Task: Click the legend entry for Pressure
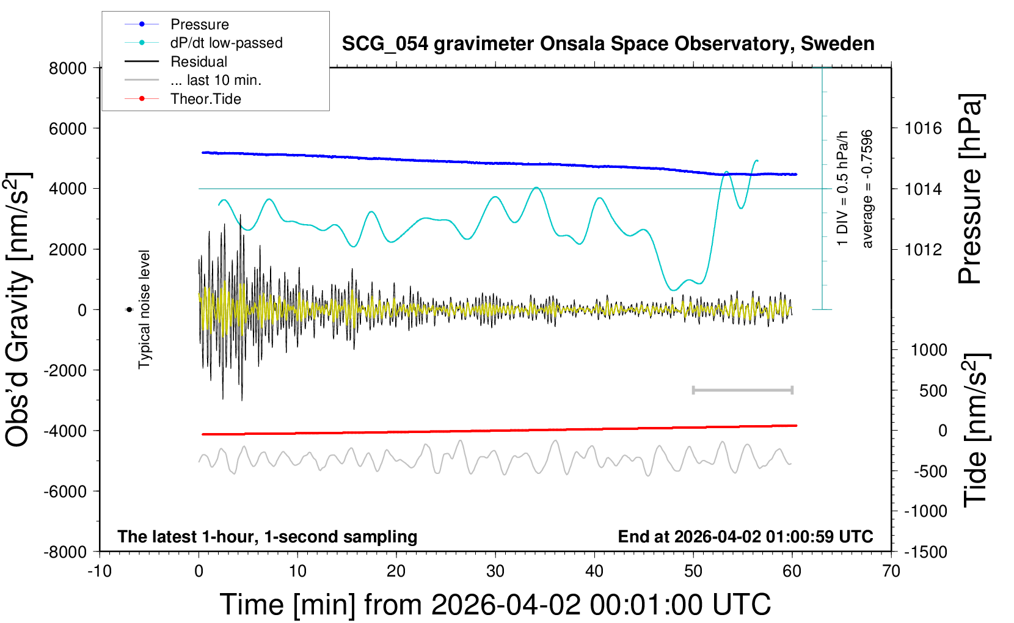click(x=199, y=24)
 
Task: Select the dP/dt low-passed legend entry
click(x=226, y=43)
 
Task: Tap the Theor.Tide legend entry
click(x=205, y=99)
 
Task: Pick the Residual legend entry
click(x=199, y=62)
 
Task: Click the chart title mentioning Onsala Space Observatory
click(x=608, y=44)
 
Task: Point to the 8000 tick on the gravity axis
click(x=68, y=68)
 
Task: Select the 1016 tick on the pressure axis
click(x=923, y=128)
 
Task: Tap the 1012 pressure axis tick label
click(x=923, y=249)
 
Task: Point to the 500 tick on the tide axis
click(x=933, y=391)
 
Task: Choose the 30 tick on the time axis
click(x=495, y=572)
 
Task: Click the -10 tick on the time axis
click(x=100, y=572)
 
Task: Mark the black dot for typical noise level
click(x=129, y=310)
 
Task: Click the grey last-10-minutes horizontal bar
click(x=742, y=390)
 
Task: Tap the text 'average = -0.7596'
click(x=867, y=189)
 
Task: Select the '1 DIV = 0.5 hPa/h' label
click(x=843, y=188)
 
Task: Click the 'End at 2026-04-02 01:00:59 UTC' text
click(x=745, y=537)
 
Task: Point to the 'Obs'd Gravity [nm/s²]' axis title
click(x=18, y=309)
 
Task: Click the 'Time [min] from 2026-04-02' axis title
click(x=495, y=605)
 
